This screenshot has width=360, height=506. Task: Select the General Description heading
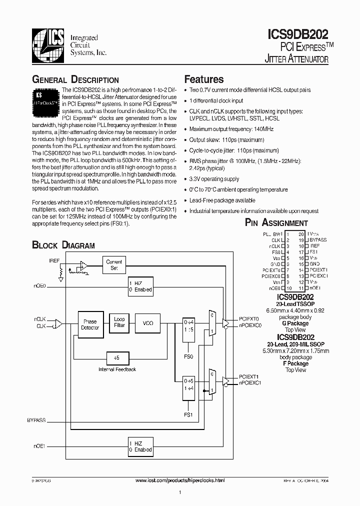(75, 80)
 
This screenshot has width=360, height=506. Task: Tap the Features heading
(204, 79)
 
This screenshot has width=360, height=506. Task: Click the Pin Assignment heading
(276, 223)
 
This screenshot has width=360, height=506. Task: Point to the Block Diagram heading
(63, 245)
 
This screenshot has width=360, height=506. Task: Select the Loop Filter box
(119, 322)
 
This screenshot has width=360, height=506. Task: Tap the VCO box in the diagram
(148, 323)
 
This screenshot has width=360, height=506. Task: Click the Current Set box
(114, 264)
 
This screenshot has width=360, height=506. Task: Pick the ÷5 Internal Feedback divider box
(117, 358)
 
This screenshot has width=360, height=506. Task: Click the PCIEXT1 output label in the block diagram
(248, 376)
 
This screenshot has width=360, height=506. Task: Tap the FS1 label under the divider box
(188, 414)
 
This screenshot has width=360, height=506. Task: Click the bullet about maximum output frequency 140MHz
(226, 129)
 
